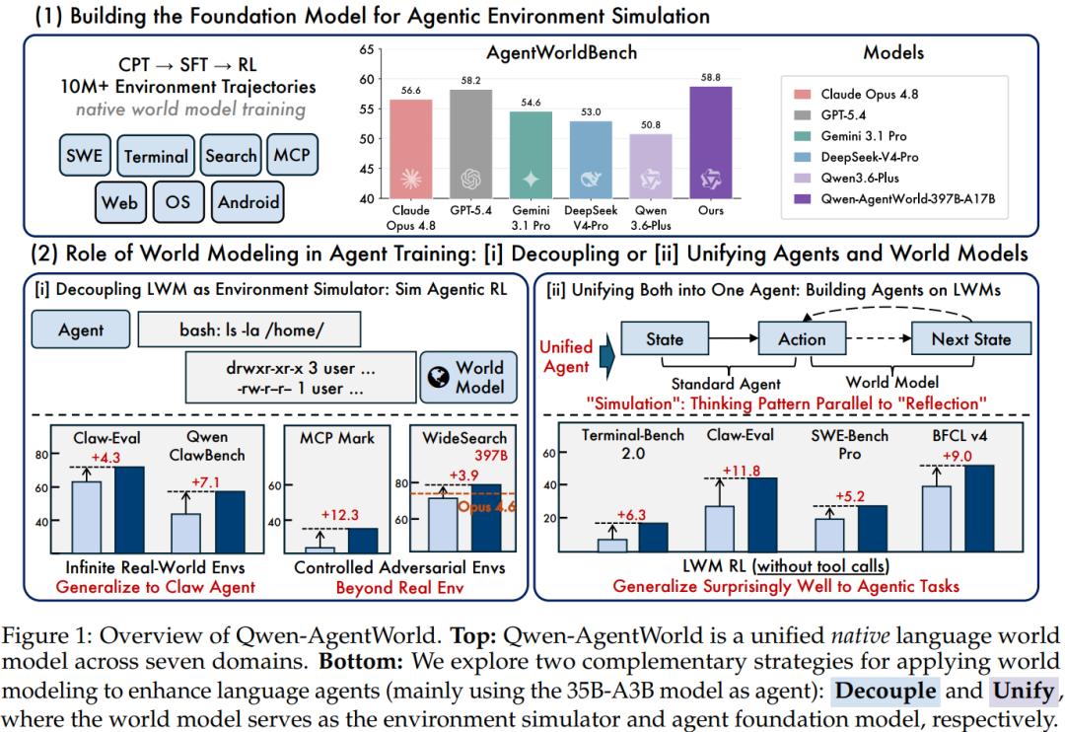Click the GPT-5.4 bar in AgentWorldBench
click(470, 144)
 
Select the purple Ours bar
click(710, 143)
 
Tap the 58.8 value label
click(710, 78)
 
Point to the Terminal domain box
click(156, 156)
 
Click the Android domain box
click(248, 202)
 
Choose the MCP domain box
click(292, 154)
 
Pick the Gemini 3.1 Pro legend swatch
click(802, 136)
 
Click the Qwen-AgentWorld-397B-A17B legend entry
click(893, 198)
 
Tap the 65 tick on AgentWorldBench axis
click(367, 49)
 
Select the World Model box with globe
click(468, 377)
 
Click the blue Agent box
click(81, 329)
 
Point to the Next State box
click(971, 338)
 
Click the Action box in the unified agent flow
click(802, 338)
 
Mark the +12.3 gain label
click(339, 515)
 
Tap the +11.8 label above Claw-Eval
click(741, 471)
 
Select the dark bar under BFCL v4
click(979, 508)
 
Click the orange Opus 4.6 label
click(486, 506)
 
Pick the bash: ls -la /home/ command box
click(249, 329)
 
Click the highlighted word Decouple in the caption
click(887, 691)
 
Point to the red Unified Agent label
click(566, 357)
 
